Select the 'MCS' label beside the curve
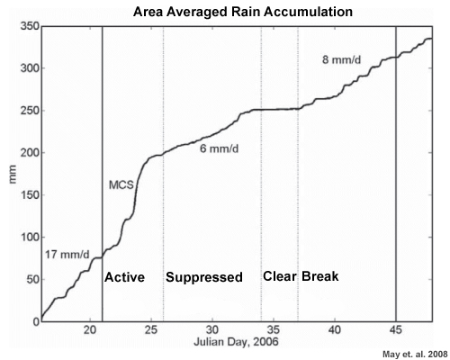[x=121, y=184]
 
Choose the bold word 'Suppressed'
[x=204, y=277]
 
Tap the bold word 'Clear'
[x=279, y=276]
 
